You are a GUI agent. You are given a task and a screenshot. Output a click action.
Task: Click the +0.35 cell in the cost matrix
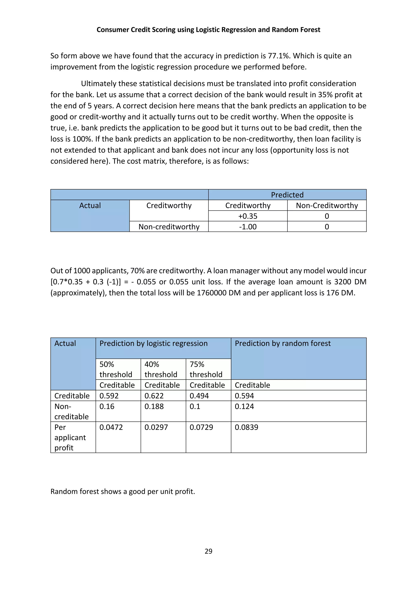point(248,216)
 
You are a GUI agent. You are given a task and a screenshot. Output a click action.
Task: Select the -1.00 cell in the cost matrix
point(248,227)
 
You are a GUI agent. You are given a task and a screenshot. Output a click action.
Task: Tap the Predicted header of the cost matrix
point(287,195)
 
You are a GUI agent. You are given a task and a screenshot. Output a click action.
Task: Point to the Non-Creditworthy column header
point(327,205)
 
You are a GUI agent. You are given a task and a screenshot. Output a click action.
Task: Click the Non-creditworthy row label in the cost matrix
point(169,227)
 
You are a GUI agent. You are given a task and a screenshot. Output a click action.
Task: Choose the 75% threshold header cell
point(206,369)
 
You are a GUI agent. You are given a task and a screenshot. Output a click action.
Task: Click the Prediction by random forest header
point(282,343)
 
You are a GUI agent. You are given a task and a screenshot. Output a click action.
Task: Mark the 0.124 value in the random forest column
point(244,406)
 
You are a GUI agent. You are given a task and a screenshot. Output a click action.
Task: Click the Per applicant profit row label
point(70,437)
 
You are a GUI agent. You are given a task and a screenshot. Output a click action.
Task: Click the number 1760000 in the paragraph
point(211,293)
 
